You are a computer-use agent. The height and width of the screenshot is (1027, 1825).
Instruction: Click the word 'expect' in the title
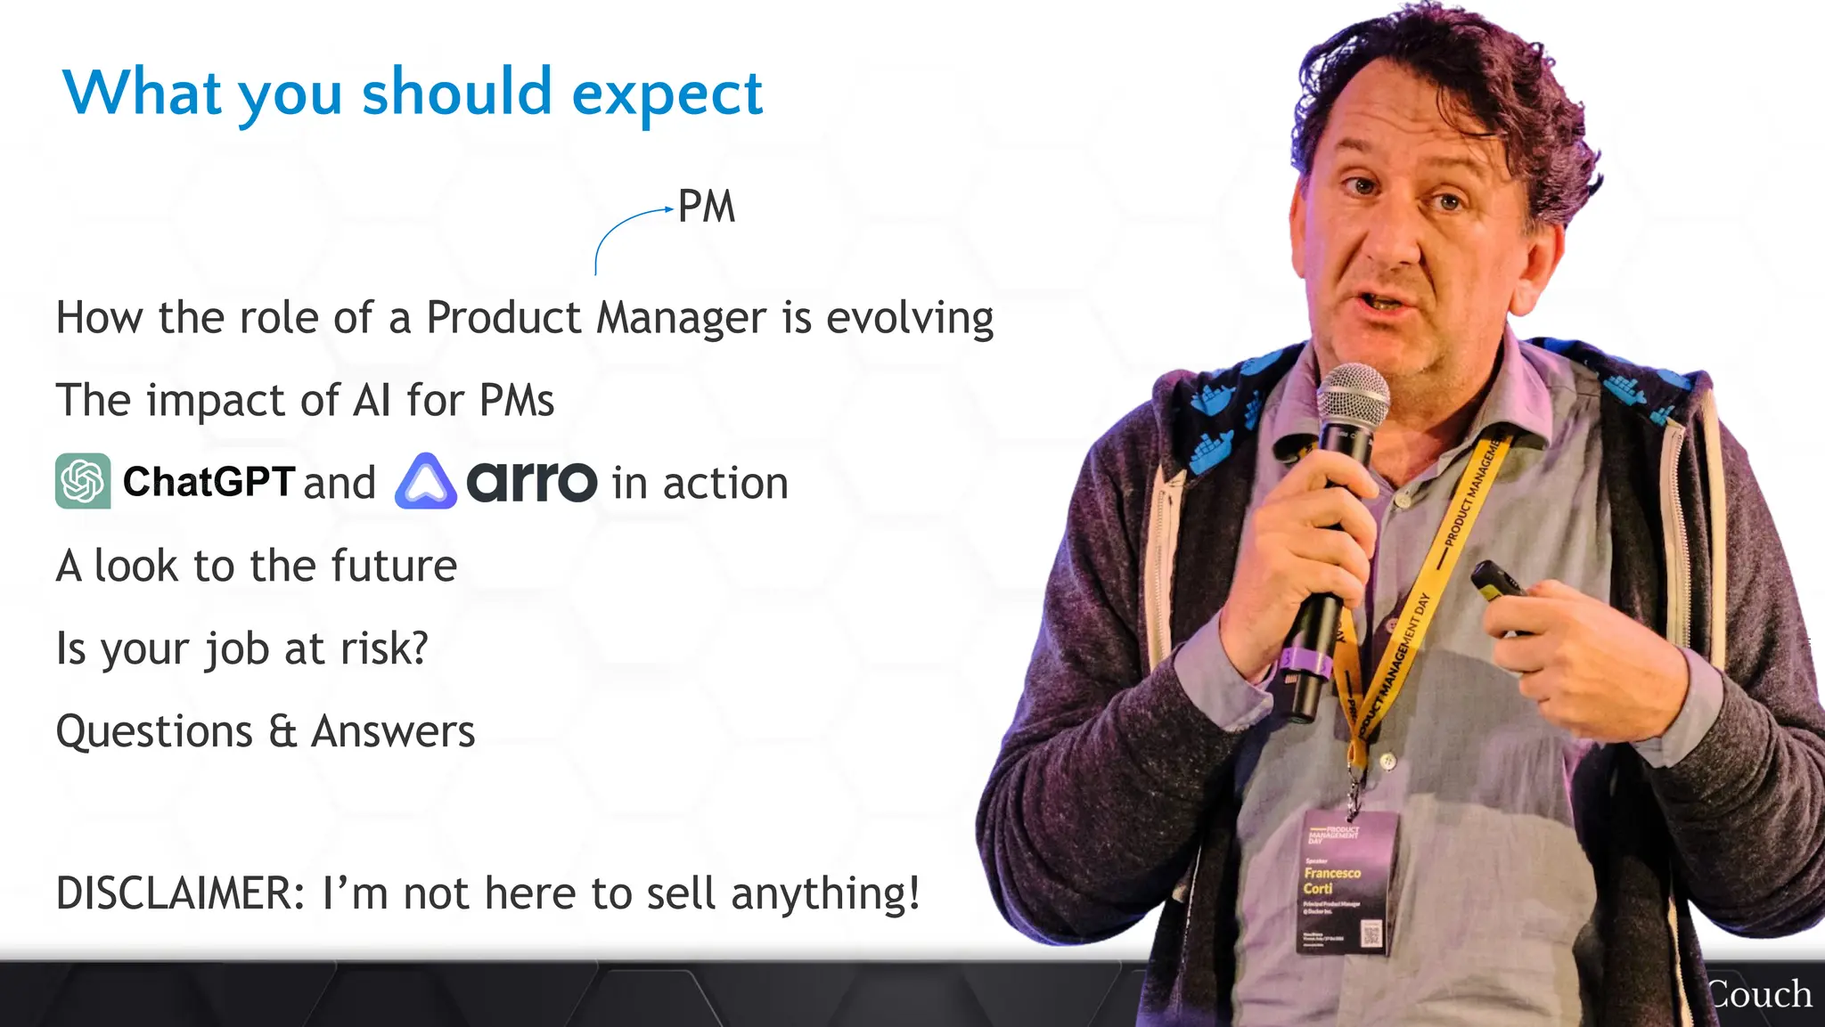[x=667, y=94]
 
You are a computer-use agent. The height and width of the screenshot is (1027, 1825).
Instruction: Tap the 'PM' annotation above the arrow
[x=706, y=207]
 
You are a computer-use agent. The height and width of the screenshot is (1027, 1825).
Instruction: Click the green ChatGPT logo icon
[x=83, y=481]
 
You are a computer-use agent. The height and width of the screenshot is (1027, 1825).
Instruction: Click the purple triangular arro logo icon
[x=426, y=482]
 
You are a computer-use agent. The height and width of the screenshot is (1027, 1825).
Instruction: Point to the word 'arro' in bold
[x=531, y=482]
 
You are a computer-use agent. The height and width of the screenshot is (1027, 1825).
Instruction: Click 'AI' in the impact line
[x=372, y=400]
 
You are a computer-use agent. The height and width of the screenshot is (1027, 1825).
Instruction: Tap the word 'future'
[x=394, y=566]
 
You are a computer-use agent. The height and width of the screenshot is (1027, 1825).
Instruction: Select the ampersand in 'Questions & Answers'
[x=282, y=731]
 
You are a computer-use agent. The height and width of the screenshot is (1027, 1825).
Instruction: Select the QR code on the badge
[x=1371, y=934]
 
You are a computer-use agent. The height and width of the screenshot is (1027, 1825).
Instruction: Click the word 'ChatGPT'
[x=209, y=482]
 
